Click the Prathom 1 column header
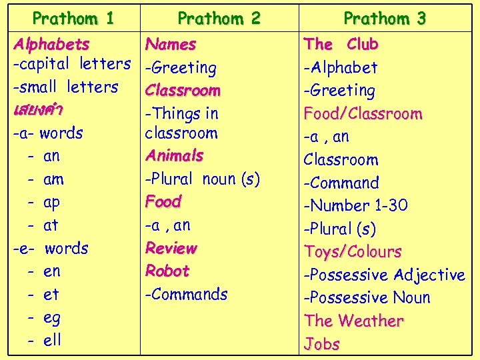[73, 18]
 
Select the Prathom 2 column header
[219, 18]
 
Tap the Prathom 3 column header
[385, 18]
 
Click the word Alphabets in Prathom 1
[51, 45]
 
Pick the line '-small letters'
[65, 87]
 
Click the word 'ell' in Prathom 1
[52, 340]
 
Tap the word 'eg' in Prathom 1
[52, 317]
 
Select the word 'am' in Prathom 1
[53, 179]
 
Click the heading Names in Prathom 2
[171, 45]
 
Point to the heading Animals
[174, 155]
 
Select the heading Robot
[167, 271]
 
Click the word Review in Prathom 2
[171, 248]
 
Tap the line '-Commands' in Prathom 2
[186, 294]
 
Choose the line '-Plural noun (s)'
[202, 179]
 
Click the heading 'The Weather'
[354, 321]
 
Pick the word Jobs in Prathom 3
[321, 344]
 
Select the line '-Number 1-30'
[355, 205]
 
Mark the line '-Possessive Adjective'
[384, 275]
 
